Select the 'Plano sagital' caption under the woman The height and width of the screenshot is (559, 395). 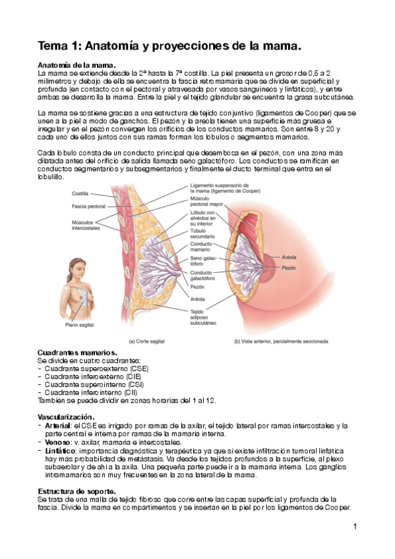80,324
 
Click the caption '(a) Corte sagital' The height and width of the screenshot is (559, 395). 150,341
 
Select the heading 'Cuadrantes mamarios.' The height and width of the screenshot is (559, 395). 77,353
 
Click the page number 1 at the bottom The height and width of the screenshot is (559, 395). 355,526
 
